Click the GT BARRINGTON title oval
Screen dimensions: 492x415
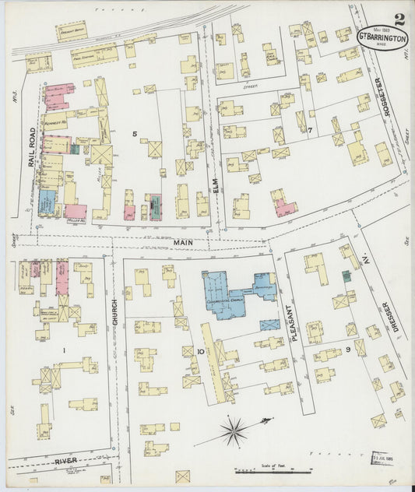tap(382, 37)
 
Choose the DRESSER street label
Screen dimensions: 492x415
tap(396, 318)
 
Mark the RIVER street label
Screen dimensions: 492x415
tap(65, 462)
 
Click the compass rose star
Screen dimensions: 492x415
tap(234, 429)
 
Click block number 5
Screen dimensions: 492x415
tap(135, 135)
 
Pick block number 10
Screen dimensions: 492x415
tap(200, 352)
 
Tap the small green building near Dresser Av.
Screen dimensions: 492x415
tap(346, 276)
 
